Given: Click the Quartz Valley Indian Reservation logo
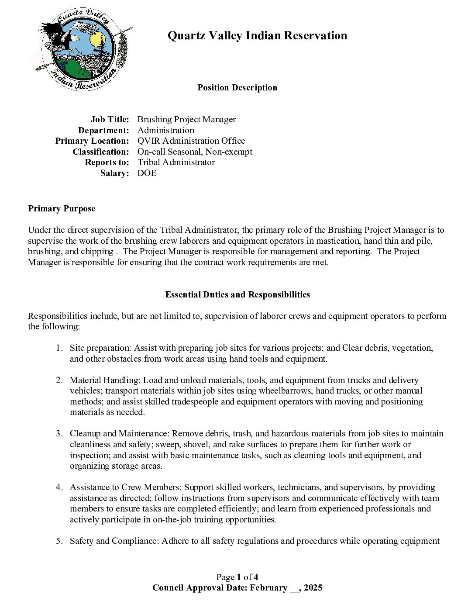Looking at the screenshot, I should click(81, 49).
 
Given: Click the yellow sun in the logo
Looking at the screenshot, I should click(96, 40).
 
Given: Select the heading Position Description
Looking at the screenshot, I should click(237, 88).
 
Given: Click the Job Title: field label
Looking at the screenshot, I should click(110, 120).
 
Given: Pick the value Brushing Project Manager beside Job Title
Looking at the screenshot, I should click(186, 120).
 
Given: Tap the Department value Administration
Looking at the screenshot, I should click(165, 130).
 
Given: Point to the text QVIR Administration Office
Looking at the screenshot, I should click(191, 141).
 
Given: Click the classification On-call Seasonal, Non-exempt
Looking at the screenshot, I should click(195, 152).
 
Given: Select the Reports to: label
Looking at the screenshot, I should click(107, 162).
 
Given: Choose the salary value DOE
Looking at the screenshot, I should click(147, 173).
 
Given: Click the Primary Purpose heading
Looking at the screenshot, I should click(62, 209).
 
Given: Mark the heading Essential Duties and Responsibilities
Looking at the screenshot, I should click(237, 295).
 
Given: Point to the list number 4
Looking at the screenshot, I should click(59, 487).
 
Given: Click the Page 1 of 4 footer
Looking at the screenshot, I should click(237, 577).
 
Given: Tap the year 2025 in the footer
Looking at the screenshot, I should click(313, 588).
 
